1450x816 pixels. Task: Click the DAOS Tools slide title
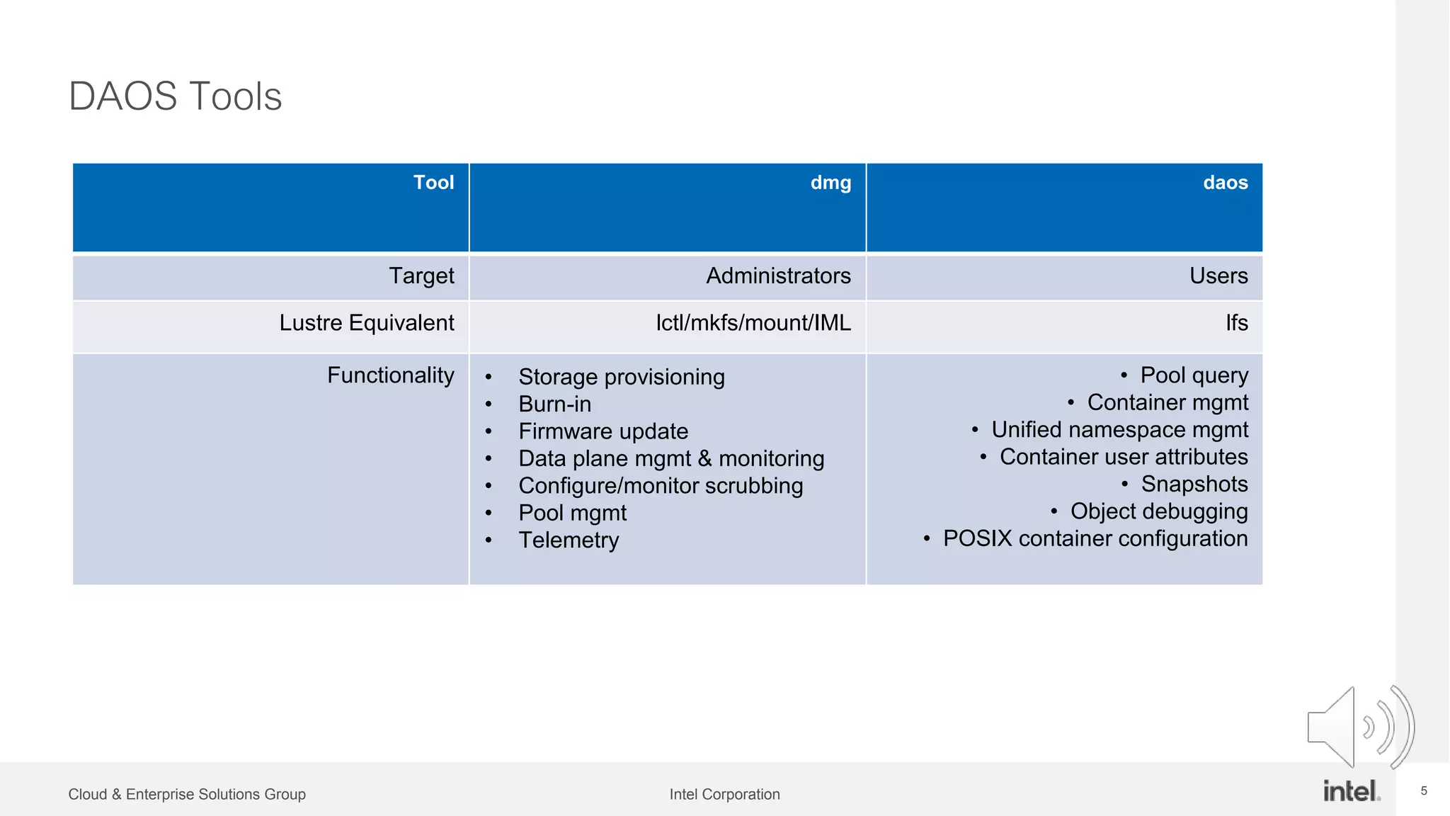pyautogui.click(x=175, y=96)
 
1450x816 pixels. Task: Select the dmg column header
pyautogui.click(x=830, y=183)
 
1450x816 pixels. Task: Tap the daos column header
pyautogui.click(x=1225, y=183)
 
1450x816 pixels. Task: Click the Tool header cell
pyautogui.click(x=433, y=183)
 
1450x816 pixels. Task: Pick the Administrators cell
pyautogui.click(x=778, y=276)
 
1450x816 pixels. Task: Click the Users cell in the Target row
pyautogui.click(x=1218, y=276)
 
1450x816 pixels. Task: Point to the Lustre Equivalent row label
pyautogui.click(x=366, y=323)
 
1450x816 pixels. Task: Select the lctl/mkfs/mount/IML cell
pyautogui.click(x=753, y=323)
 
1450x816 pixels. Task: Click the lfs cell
pyautogui.click(x=1236, y=323)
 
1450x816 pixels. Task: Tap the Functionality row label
pyautogui.click(x=390, y=375)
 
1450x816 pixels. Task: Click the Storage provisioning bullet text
pyautogui.click(x=621, y=377)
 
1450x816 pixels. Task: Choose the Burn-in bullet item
pyautogui.click(x=554, y=404)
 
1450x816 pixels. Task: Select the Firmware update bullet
pyautogui.click(x=603, y=431)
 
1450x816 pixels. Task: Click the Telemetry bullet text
pyautogui.click(x=569, y=540)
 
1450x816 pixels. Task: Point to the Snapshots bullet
pyautogui.click(x=1194, y=484)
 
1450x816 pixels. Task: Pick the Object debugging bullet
pyautogui.click(x=1158, y=511)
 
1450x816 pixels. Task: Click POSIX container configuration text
pyautogui.click(x=1095, y=538)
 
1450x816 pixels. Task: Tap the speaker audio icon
pyautogui.click(x=1359, y=727)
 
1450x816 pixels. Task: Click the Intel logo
pyautogui.click(x=1351, y=790)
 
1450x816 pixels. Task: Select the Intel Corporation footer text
pyautogui.click(x=724, y=795)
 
